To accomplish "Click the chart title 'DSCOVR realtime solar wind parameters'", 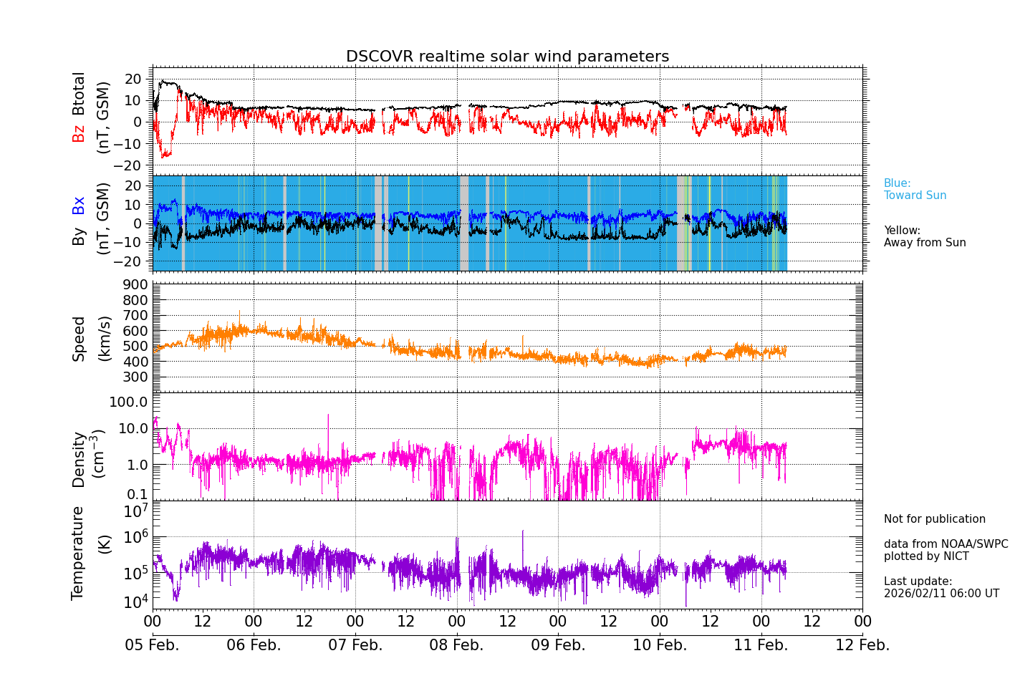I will tap(507, 57).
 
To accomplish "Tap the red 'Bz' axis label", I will tap(79, 133).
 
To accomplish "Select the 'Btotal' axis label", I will tap(79, 93).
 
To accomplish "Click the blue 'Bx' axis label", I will tap(79, 205).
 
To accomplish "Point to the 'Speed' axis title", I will tap(79, 339).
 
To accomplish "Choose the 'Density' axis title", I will tap(79, 459).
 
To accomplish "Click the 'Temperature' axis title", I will tap(77, 553).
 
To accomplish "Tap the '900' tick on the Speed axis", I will tap(138, 285).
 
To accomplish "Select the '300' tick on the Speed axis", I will tap(138, 377).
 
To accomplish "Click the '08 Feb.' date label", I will tap(456, 645).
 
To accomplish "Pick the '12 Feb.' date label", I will tap(862, 645).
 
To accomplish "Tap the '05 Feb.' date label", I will tap(152, 645).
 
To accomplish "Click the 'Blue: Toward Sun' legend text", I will tap(915, 190).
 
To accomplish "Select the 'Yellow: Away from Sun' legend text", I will tap(925, 237).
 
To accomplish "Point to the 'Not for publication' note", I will tap(934, 519).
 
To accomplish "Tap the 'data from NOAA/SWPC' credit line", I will tap(946, 544).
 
